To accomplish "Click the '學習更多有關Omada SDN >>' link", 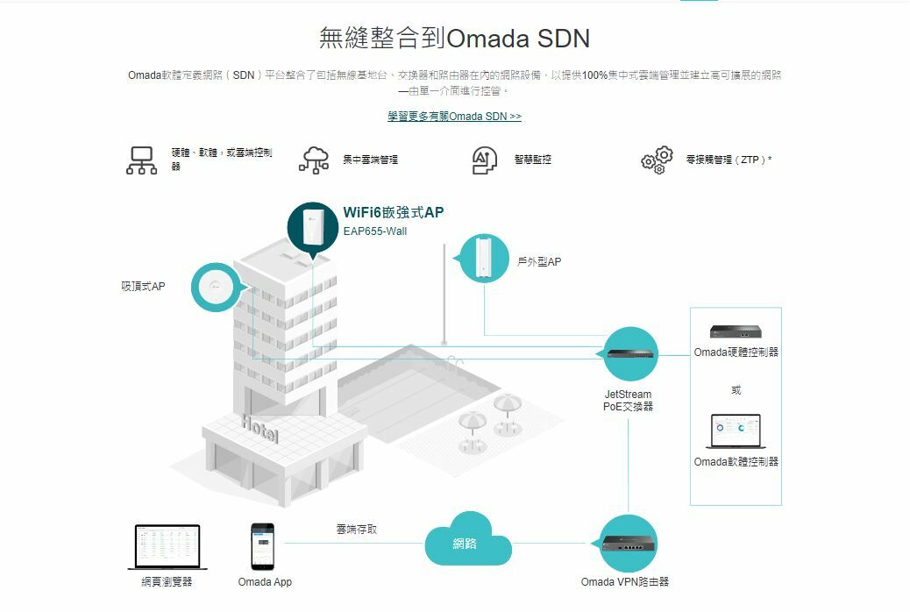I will point(454,117).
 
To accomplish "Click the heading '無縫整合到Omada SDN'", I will point(454,39).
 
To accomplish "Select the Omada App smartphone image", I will point(262,546).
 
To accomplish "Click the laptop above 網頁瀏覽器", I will point(167,547).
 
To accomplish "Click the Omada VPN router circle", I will point(628,544).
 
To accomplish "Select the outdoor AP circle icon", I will point(484,259).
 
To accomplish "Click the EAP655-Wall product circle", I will point(313,228).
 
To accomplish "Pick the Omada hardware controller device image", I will point(736,331).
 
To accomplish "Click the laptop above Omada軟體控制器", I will point(736,432).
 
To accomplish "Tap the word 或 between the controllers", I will point(736,390).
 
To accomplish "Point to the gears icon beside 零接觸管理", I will point(658,160).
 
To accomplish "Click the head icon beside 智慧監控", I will point(485,160).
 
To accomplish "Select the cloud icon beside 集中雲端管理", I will point(314,160).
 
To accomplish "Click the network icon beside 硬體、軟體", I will point(141,160).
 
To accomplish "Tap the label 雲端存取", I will point(357,530).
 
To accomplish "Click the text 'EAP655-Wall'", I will point(374,231).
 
